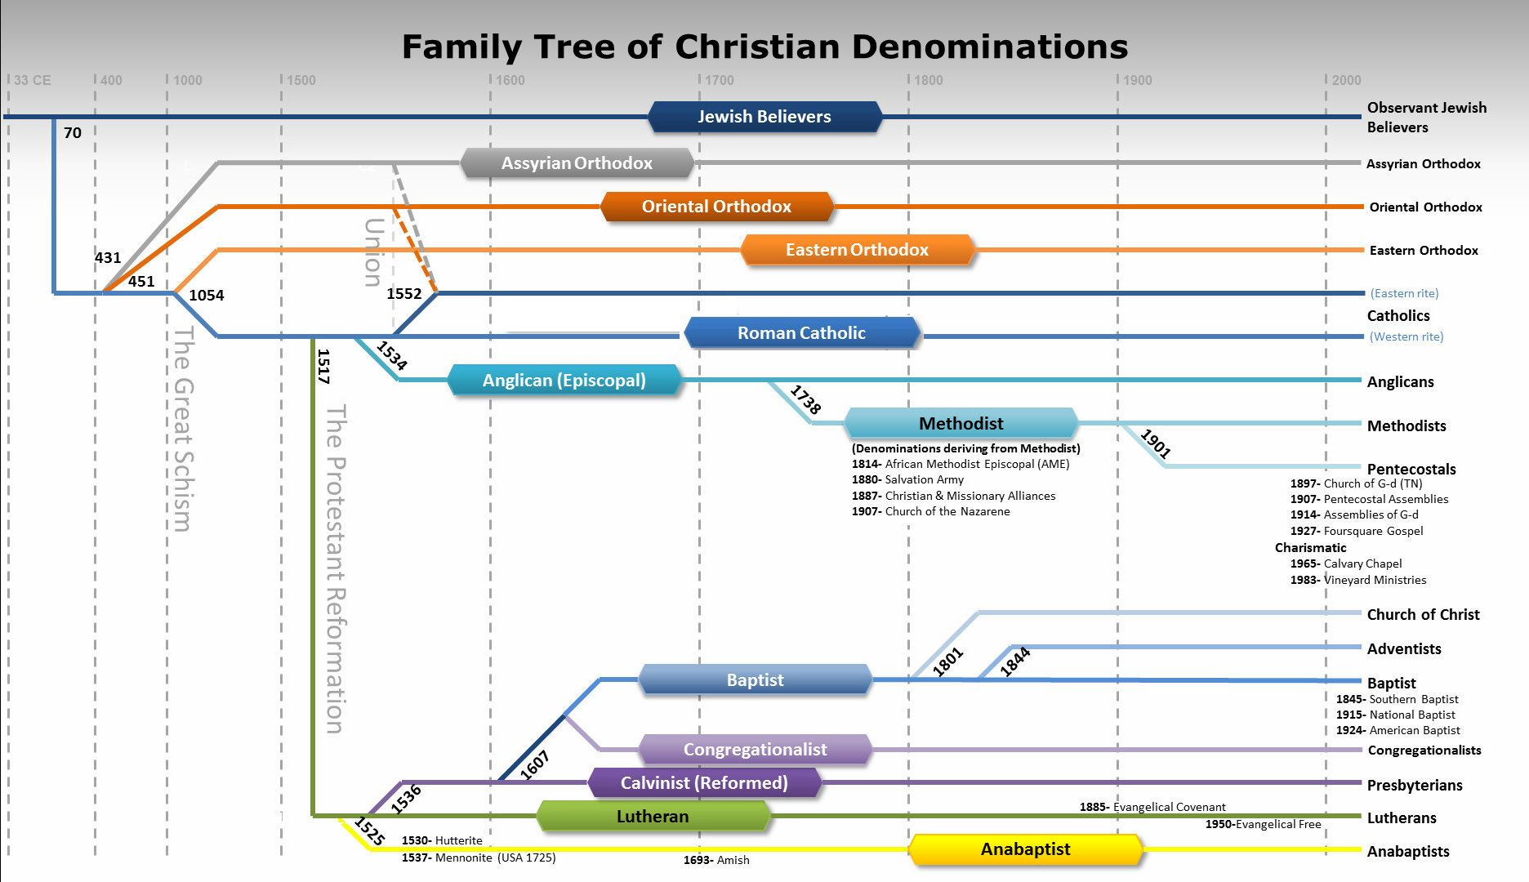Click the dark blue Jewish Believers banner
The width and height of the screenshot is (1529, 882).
click(x=764, y=117)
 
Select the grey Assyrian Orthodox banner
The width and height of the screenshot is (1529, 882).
click(x=577, y=163)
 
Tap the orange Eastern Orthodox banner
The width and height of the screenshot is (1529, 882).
click(x=858, y=250)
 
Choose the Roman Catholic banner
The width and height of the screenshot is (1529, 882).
click(x=801, y=333)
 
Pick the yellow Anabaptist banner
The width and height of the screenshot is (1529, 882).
click(x=1025, y=849)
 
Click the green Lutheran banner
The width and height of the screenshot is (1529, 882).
click(x=653, y=816)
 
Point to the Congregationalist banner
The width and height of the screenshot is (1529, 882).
click(x=756, y=749)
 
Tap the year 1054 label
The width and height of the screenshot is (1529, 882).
click(x=207, y=296)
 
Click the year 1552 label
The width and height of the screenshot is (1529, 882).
click(x=404, y=294)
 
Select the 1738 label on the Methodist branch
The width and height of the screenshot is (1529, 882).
click(x=805, y=400)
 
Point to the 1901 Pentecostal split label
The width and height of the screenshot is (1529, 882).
click(x=1156, y=443)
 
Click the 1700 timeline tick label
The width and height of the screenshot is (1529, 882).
click(x=720, y=80)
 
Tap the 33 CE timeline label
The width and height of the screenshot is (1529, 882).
click(x=33, y=80)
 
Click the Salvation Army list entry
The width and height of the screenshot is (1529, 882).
click(x=907, y=479)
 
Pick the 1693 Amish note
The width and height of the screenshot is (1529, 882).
click(x=716, y=860)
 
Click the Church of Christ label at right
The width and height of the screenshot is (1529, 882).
click(x=1423, y=615)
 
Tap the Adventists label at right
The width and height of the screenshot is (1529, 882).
click(x=1404, y=649)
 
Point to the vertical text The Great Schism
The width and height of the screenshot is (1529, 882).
click(x=183, y=429)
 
